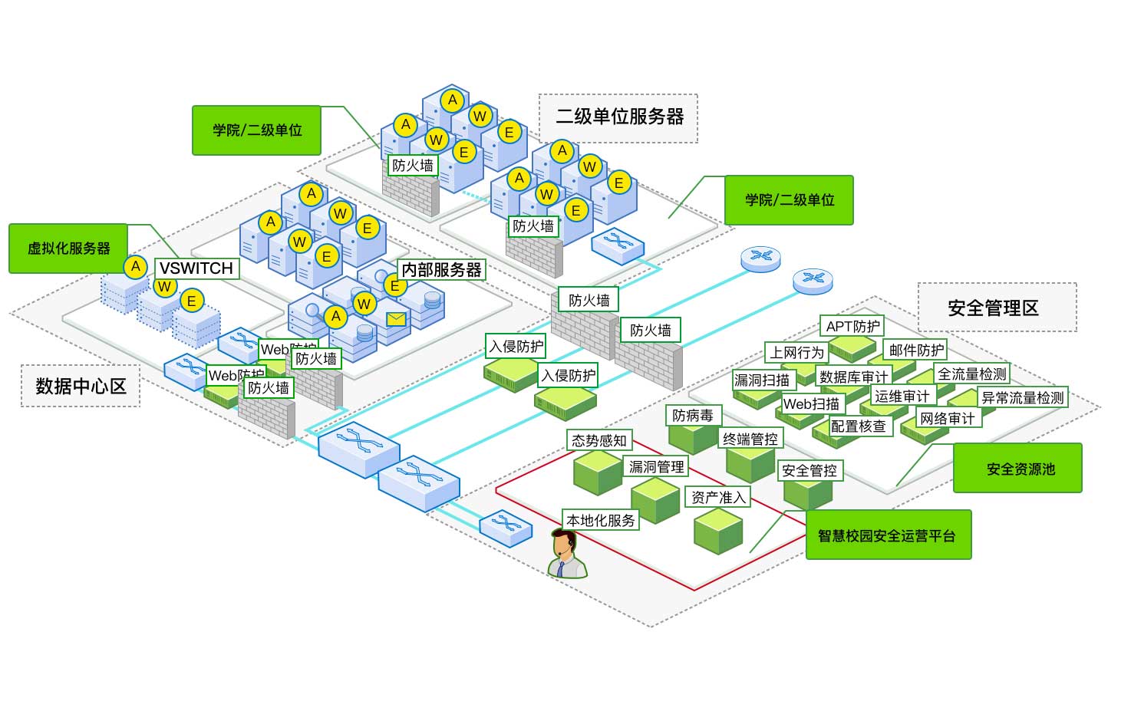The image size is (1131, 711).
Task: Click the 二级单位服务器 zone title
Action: tap(618, 117)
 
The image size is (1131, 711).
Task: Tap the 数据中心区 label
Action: tap(81, 386)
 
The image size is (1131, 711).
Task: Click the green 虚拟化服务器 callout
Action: tap(68, 249)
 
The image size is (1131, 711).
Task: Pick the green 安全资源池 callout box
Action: tap(1017, 469)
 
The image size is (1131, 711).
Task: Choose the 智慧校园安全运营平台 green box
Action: tap(888, 535)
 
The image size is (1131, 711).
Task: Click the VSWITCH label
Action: tap(196, 268)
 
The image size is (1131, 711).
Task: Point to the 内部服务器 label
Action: tap(442, 270)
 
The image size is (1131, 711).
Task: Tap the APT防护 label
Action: tap(852, 326)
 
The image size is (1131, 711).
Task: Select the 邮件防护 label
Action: tap(915, 351)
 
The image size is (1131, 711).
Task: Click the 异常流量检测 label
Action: tap(1023, 397)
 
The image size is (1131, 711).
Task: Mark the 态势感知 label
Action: tap(599, 440)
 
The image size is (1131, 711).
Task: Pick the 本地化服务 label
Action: tap(600, 520)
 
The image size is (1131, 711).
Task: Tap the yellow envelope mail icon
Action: tap(396, 318)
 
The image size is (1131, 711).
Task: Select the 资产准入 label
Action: tap(718, 497)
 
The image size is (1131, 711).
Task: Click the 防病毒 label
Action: tap(693, 416)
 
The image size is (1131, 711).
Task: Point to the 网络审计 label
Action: tap(948, 418)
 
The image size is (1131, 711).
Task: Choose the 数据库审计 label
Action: tap(853, 377)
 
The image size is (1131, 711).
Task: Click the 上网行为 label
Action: tap(796, 352)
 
